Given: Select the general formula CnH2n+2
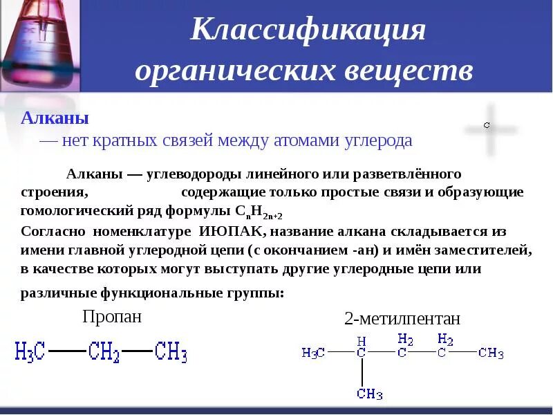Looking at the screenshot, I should [x=259, y=212].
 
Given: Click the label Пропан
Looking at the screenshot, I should [x=112, y=316].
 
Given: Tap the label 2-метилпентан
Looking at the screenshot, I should [x=402, y=319].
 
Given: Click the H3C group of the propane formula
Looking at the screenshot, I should [x=30, y=352].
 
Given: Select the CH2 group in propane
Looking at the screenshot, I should [x=104, y=352].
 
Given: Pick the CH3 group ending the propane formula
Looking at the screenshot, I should [x=171, y=352].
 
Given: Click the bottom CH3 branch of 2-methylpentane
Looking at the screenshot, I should [x=370, y=394].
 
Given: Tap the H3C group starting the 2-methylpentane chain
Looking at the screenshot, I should [x=313, y=353].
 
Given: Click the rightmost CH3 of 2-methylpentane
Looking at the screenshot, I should [x=491, y=353].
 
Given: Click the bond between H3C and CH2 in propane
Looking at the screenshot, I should [x=67, y=351].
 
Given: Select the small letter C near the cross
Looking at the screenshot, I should [x=487, y=125].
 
